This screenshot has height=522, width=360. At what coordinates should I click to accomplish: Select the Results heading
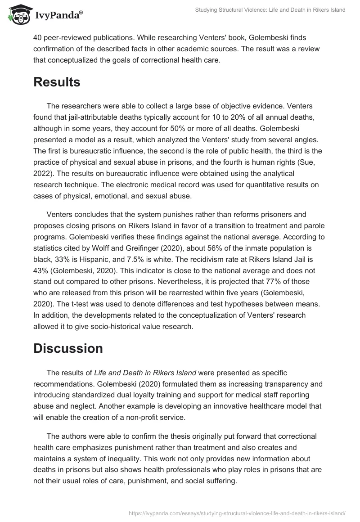tap(57, 82)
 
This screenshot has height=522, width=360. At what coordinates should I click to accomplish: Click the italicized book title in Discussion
tap(145, 373)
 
